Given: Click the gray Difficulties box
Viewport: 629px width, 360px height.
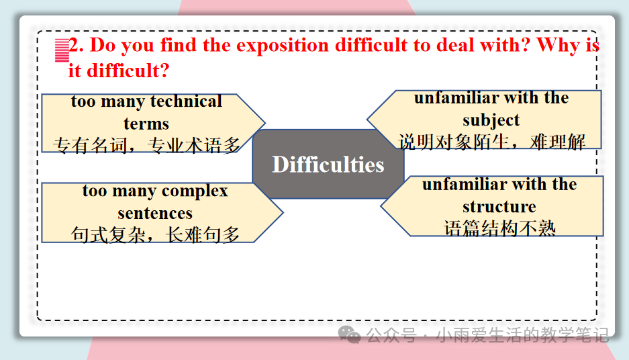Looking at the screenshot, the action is (328, 164).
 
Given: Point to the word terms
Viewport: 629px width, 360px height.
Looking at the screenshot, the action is (146, 124).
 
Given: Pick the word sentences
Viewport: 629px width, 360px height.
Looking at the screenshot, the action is (155, 213).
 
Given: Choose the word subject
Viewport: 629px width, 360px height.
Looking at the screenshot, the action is (491, 120).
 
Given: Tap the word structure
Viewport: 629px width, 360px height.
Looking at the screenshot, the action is (499, 207).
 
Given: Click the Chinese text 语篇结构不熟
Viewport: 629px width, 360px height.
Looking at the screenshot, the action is (499, 228).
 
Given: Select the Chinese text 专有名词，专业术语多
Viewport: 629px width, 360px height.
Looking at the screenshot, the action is (146, 145).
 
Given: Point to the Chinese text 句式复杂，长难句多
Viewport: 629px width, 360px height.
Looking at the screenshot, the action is (155, 234).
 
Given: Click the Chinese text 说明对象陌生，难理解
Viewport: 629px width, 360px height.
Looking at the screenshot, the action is (491, 142).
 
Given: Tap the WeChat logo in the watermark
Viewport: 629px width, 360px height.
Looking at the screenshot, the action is (349, 334).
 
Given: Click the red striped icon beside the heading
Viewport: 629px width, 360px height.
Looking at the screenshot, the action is (62, 50).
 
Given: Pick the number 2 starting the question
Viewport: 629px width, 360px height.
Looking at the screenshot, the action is (73, 44).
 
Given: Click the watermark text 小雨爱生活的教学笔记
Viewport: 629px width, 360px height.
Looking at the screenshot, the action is (523, 334).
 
